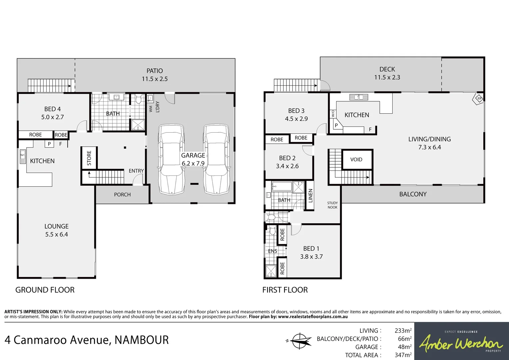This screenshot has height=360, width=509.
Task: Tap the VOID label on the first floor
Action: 356,160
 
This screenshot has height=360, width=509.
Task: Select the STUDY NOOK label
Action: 332,205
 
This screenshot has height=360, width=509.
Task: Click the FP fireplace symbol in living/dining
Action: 479,99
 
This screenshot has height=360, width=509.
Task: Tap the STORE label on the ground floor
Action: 89,158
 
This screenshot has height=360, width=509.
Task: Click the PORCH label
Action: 122,195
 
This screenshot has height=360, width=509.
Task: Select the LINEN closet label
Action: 310,196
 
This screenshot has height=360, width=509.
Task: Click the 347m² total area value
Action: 403,355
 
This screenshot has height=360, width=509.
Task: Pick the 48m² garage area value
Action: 405,347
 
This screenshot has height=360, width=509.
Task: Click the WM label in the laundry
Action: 151,109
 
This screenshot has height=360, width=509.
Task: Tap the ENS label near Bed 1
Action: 272,251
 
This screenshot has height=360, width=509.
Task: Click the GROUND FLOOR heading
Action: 45,290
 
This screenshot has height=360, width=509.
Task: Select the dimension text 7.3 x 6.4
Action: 429,147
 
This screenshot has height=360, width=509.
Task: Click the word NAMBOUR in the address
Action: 142,340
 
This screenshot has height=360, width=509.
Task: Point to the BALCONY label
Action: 413,194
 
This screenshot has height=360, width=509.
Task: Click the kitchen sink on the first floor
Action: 358,97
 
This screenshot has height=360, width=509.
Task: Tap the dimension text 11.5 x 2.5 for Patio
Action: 155,79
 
